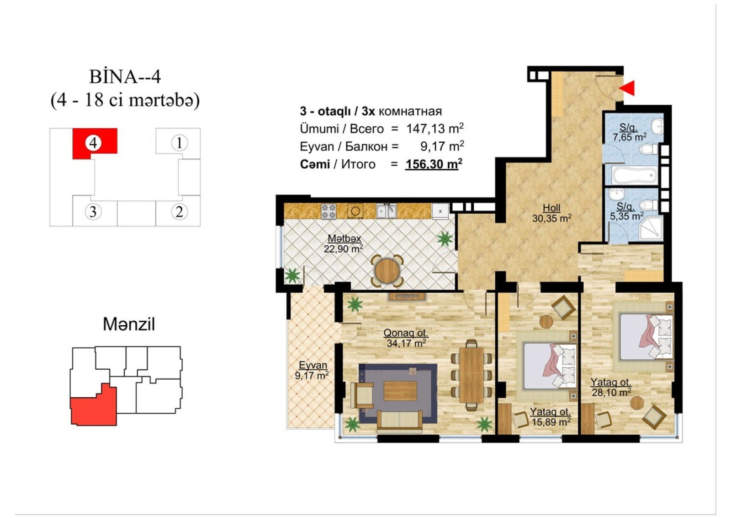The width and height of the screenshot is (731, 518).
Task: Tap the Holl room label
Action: pos(551,208)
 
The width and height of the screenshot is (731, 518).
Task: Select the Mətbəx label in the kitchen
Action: pos(344,238)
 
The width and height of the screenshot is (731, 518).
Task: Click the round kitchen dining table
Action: pos(387,271)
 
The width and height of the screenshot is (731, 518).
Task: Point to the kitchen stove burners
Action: pos(328,211)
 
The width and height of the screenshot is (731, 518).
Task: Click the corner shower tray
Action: pos(651,228)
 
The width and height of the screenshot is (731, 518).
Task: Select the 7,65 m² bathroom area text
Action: pos(630,137)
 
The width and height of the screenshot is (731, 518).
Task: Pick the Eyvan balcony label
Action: pos(313,365)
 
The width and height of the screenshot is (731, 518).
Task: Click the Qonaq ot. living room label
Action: pos(406,333)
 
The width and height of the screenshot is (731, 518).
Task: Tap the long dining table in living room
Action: pos(471,375)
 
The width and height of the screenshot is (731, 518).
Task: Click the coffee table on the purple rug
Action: pos(400,391)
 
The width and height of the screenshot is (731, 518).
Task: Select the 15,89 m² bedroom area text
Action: pos(551,422)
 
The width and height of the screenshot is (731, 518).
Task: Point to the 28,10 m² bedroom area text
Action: pos(611,392)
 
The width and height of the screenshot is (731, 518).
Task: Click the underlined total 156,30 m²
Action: pos(434,164)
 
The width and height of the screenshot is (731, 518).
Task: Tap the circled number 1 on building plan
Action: pos(179,143)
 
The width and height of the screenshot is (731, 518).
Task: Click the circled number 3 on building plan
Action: pos(93,212)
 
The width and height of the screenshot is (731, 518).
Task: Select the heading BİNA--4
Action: pos(125,77)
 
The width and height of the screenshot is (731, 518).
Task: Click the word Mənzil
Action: pos(129,324)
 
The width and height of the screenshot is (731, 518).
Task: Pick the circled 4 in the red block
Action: pos(93,143)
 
